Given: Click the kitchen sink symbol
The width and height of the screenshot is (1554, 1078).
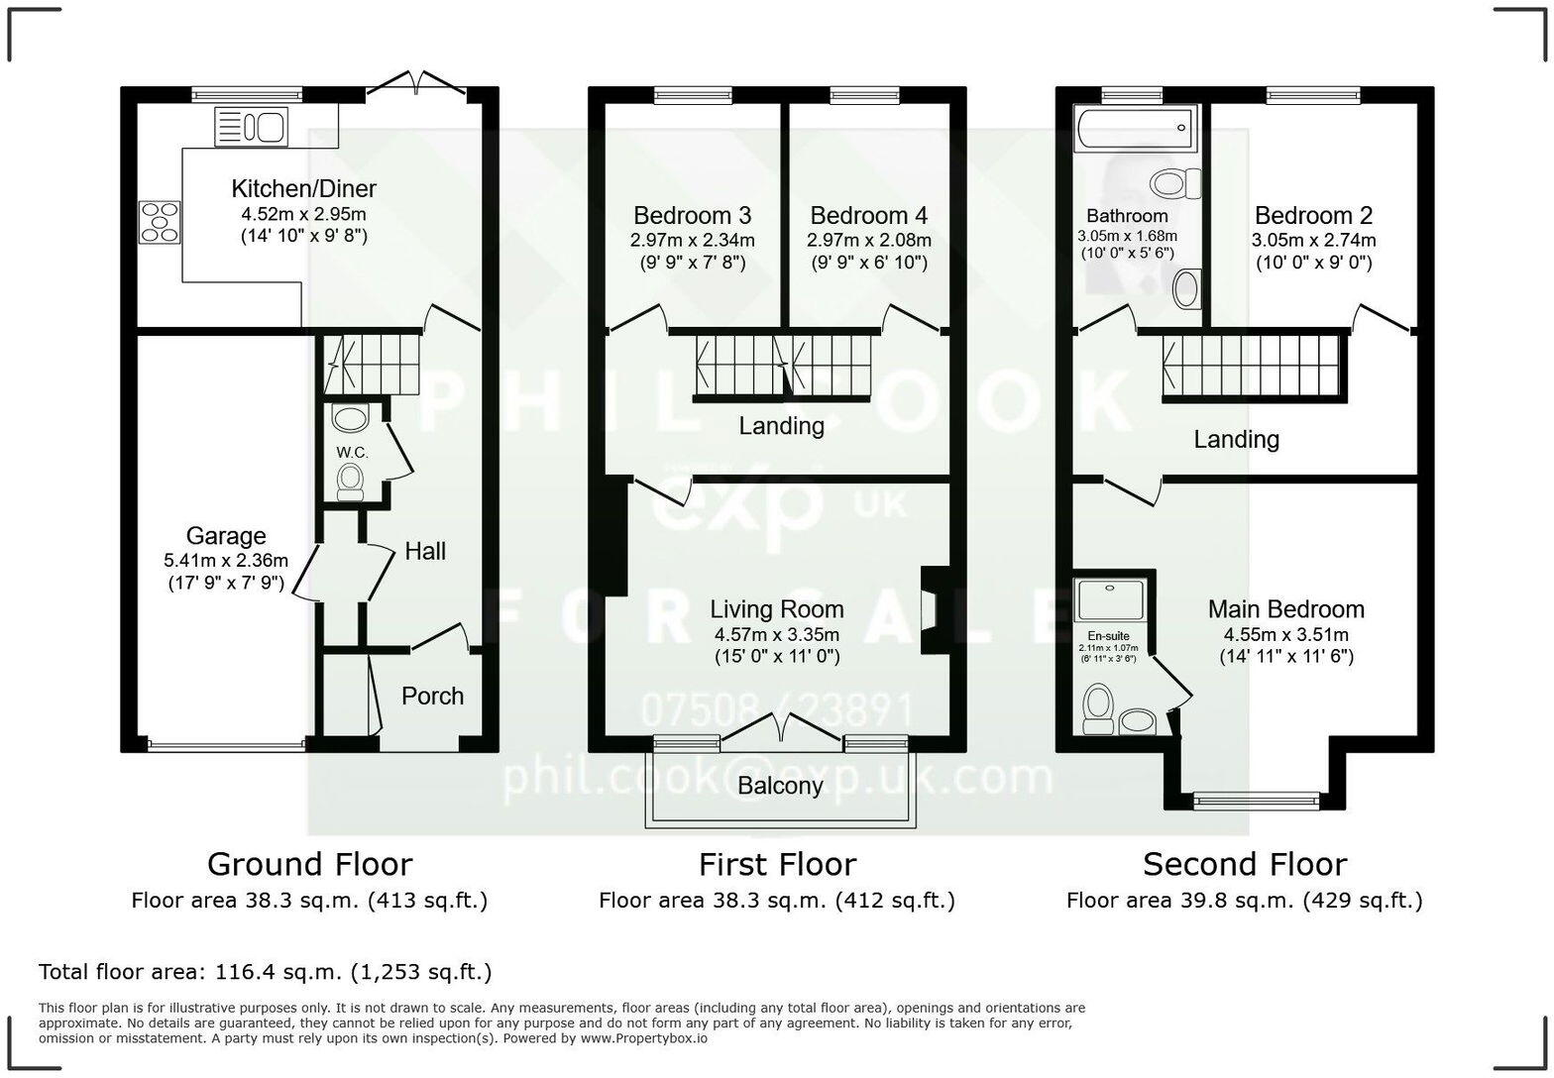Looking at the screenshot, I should point(251,127).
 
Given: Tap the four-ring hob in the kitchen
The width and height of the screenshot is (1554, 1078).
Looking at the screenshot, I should point(160,222).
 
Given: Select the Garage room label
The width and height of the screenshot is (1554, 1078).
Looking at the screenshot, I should point(226,536).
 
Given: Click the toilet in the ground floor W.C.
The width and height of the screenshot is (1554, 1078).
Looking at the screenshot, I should point(350,482).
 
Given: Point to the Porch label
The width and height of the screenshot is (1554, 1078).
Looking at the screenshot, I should point(432,696).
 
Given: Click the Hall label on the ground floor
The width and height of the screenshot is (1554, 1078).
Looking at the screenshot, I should point(425,551).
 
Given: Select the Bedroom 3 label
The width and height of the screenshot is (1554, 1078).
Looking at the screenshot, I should point(692,215).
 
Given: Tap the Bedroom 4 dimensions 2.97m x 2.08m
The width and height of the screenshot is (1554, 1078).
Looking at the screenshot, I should point(868,240).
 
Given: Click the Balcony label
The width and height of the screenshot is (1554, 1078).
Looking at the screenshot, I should point(780,786).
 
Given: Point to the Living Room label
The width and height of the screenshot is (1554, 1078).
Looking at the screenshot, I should point(776,609).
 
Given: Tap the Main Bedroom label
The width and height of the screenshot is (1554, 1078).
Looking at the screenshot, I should point(1285,609).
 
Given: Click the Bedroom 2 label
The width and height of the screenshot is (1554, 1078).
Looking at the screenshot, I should point(1313,215).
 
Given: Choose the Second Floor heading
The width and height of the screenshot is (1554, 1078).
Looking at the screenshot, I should point(1244,864).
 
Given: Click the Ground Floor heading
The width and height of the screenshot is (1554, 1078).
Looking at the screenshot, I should point(309,864).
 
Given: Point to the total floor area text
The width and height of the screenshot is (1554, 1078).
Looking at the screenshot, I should point(265,972).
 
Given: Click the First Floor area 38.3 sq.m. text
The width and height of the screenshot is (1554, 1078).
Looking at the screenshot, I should point(776,901).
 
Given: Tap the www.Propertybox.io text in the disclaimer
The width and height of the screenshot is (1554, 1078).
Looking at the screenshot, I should point(644,1038).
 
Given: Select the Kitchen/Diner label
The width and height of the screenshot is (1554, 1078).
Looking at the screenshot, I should point(303,188).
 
